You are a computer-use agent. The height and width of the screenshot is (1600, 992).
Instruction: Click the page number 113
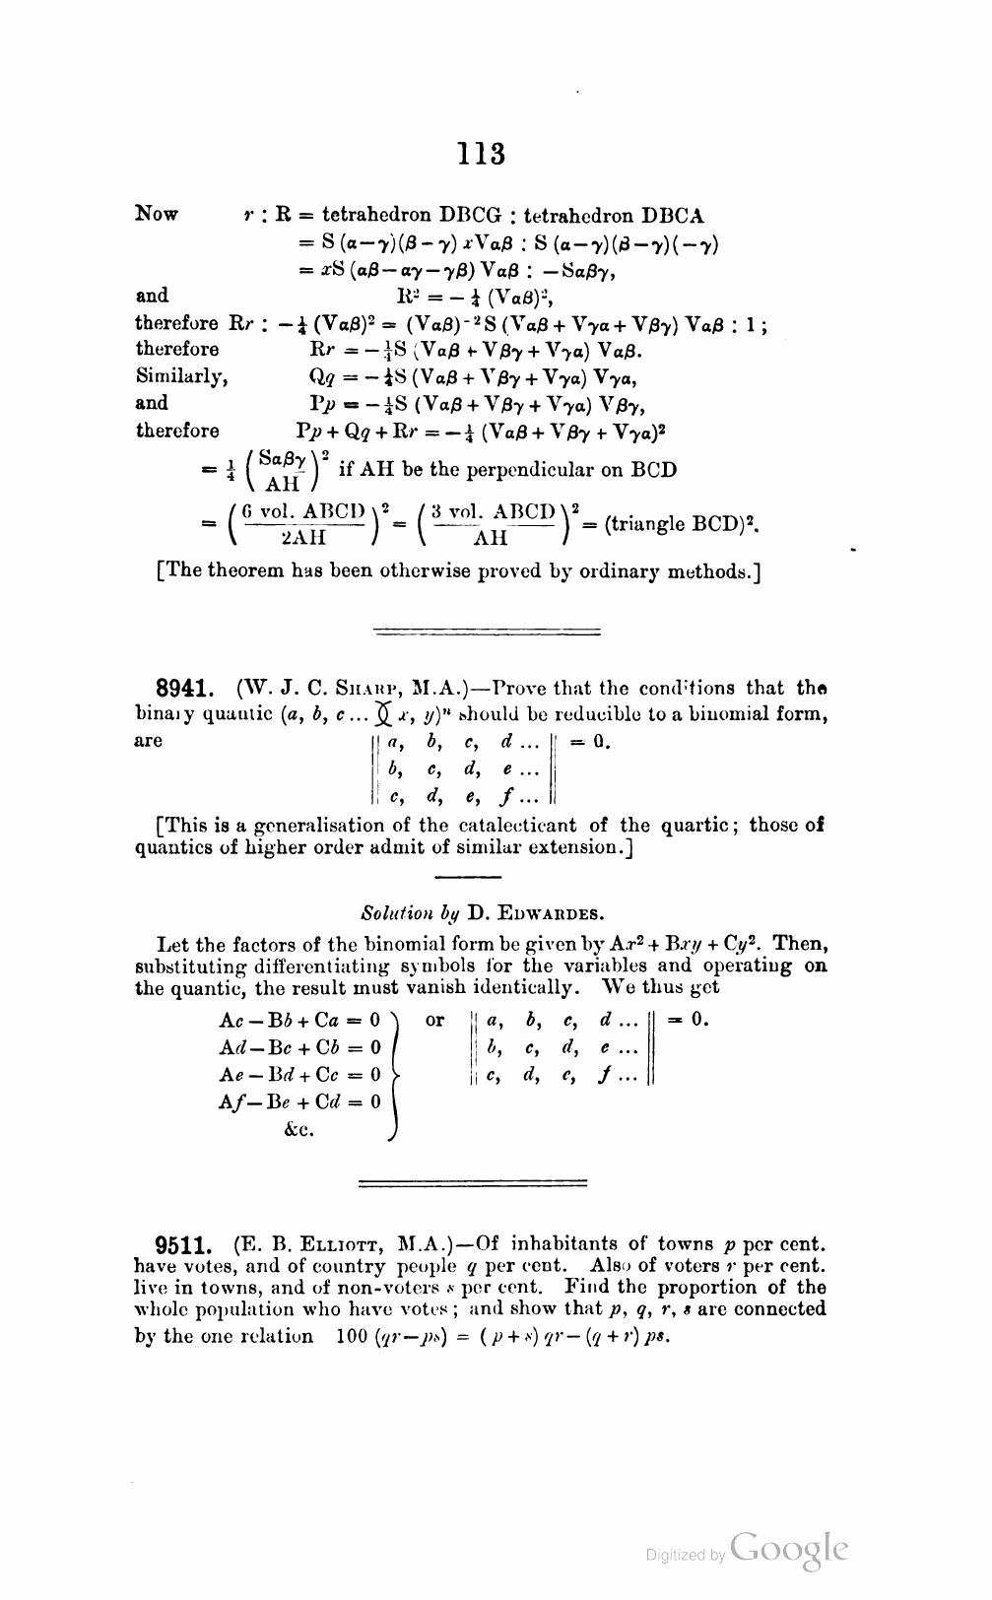click(482, 154)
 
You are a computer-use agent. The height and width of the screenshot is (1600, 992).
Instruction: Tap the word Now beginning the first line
click(158, 214)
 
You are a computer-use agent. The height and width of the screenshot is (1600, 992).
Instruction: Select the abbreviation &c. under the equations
click(299, 1130)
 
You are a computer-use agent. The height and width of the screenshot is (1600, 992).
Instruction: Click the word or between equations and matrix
click(434, 1019)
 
